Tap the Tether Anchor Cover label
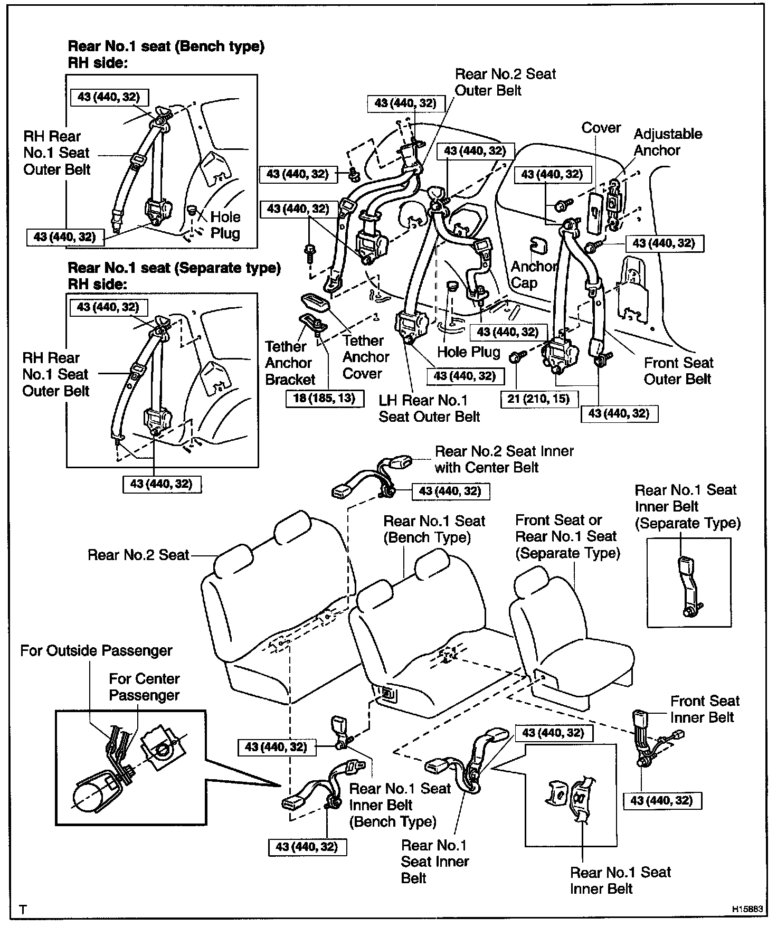click(x=365, y=357)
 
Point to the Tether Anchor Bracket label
click(x=290, y=363)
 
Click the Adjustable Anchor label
click(x=668, y=142)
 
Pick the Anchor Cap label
click(x=533, y=275)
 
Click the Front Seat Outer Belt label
click(x=678, y=371)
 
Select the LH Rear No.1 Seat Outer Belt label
click(x=429, y=409)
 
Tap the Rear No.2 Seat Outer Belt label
click(x=505, y=82)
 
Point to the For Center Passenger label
click(x=144, y=686)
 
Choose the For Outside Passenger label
click(x=96, y=650)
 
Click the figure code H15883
click(x=747, y=910)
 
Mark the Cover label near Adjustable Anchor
click(x=601, y=128)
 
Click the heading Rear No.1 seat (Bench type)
click(x=166, y=46)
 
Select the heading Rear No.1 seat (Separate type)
click(x=174, y=268)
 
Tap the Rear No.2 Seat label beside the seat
click(x=138, y=555)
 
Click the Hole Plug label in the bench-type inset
click(x=225, y=225)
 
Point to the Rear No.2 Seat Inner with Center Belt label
click(x=504, y=459)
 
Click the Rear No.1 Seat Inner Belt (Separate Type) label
click(x=687, y=506)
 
